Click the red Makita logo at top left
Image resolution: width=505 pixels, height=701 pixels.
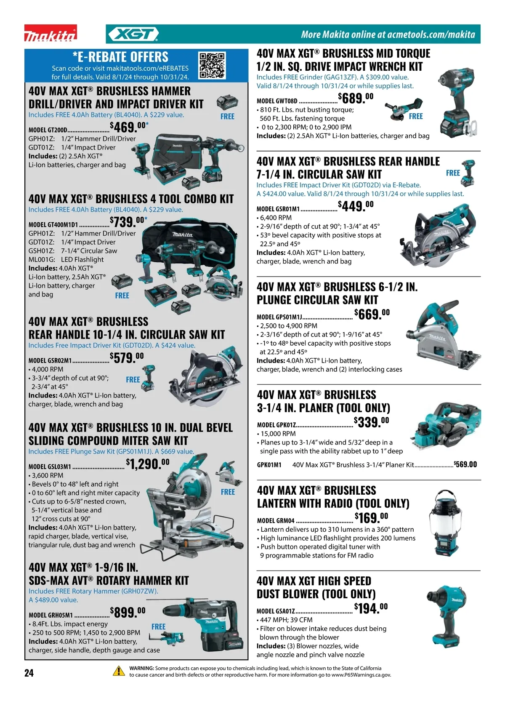(x=50, y=33)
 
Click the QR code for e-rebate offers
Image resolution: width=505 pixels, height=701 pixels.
(x=213, y=65)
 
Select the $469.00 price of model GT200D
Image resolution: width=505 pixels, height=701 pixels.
(x=129, y=127)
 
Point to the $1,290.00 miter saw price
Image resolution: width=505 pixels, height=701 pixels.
(x=148, y=464)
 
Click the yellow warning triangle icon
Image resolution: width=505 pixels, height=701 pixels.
(x=119, y=671)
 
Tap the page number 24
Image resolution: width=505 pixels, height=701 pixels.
(x=29, y=673)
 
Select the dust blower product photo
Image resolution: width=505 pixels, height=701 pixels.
(x=448, y=616)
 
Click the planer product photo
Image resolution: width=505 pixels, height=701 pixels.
(x=446, y=426)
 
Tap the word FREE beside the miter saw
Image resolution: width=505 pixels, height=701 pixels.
(x=228, y=492)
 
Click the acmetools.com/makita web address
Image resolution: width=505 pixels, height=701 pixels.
(x=431, y=34)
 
